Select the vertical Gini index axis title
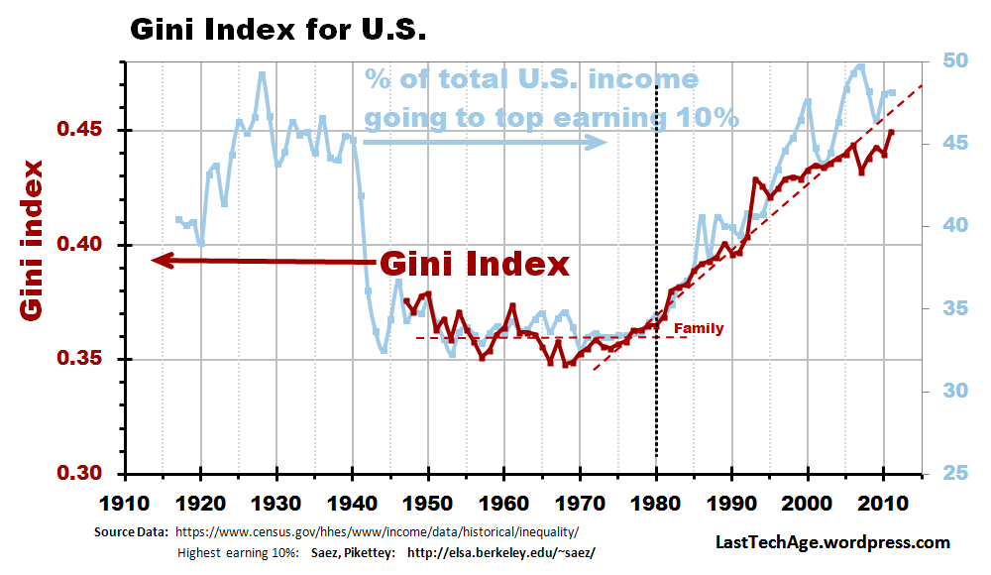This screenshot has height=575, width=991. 33,240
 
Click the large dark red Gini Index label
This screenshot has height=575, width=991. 475,264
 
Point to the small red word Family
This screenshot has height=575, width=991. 699,329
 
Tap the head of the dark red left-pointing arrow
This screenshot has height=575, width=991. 159,261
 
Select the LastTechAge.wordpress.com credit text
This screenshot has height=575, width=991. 832,542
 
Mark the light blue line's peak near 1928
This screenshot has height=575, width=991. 262,73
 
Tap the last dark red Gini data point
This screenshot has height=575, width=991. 891,132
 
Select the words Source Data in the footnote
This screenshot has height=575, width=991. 128,531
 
